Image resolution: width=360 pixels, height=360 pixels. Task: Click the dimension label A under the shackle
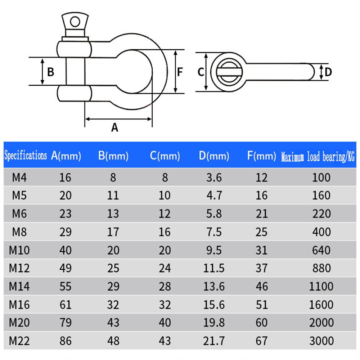click(x=114, y=127)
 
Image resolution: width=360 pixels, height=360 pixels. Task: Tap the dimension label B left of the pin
click(x=51, y=72)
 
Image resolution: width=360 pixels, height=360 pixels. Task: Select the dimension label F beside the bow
click(x=180, y=72)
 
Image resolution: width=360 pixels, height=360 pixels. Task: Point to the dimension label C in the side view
click(x=201, y=72)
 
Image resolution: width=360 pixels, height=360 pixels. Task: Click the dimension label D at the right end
click(x=328, y=72)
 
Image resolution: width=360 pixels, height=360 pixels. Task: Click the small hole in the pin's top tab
click(x=75, y=22)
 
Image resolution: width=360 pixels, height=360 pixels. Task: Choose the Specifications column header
click(x=26, y=156)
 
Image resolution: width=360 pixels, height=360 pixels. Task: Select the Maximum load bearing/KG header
click(x=318, y=157)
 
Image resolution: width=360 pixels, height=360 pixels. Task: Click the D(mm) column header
click(x=214, y=156)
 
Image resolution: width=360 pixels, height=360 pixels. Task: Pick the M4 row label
click(x=19, y=177)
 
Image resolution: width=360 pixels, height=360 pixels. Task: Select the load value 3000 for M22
click(x=321, y=341)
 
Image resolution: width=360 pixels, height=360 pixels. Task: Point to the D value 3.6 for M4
click(x=214, y=177)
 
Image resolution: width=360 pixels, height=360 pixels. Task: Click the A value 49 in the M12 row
click(x=65, y=268)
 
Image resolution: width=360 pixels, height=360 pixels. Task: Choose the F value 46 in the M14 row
click(x=262, y=286)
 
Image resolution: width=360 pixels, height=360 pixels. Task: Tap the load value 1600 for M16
click(x=321, y=305)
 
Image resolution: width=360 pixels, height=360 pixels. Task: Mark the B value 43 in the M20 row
click(x=113, y=323)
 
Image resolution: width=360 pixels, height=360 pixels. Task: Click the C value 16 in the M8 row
click(x=165, y=232)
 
